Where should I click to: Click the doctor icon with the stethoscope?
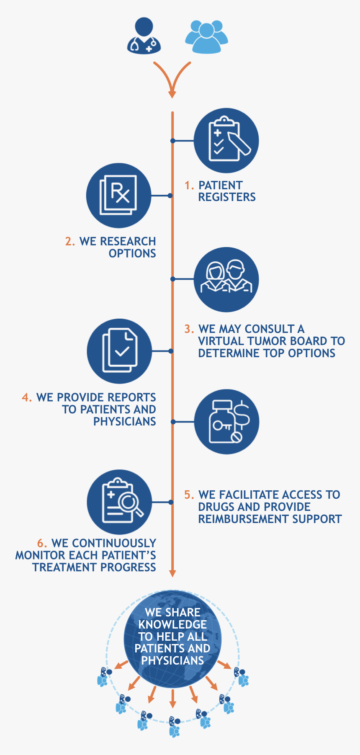[144, 36]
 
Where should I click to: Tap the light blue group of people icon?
[206, 36]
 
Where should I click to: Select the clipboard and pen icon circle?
[226, 141]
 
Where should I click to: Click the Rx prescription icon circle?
[118, 196]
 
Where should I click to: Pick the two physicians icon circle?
[226, 279]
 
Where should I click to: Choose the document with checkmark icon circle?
[119, 351]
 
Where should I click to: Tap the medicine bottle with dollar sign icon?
[226, 422]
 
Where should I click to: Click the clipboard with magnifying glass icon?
[119, 502]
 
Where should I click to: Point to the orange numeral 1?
[188, 185]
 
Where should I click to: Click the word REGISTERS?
[227, 197]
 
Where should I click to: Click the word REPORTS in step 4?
[132, 397]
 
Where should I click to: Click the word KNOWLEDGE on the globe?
[172, 624]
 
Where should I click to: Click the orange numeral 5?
[188, 495]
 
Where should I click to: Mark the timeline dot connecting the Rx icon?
[170, 196]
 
